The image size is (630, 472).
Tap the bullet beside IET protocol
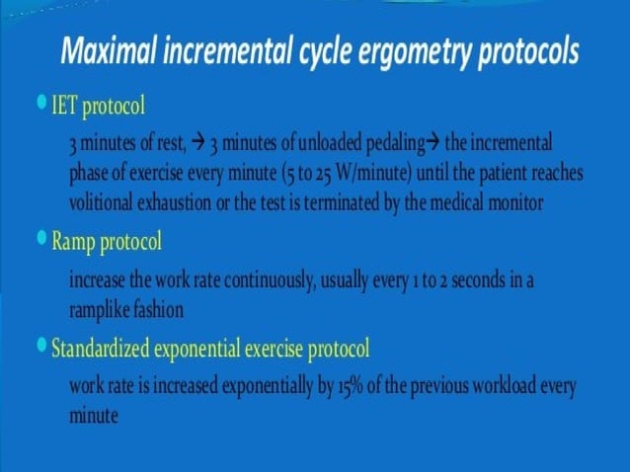40,101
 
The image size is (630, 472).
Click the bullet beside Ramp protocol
40,238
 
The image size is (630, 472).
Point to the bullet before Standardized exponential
40,346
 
